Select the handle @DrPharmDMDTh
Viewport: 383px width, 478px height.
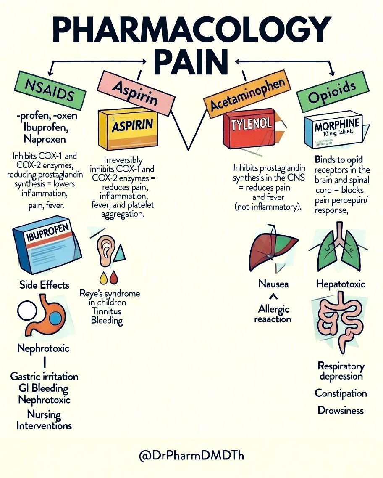(191, 455)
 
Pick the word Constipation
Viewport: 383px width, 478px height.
(341, 393)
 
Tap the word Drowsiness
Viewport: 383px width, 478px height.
(341, 410)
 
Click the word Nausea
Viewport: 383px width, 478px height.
(273, 284)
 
